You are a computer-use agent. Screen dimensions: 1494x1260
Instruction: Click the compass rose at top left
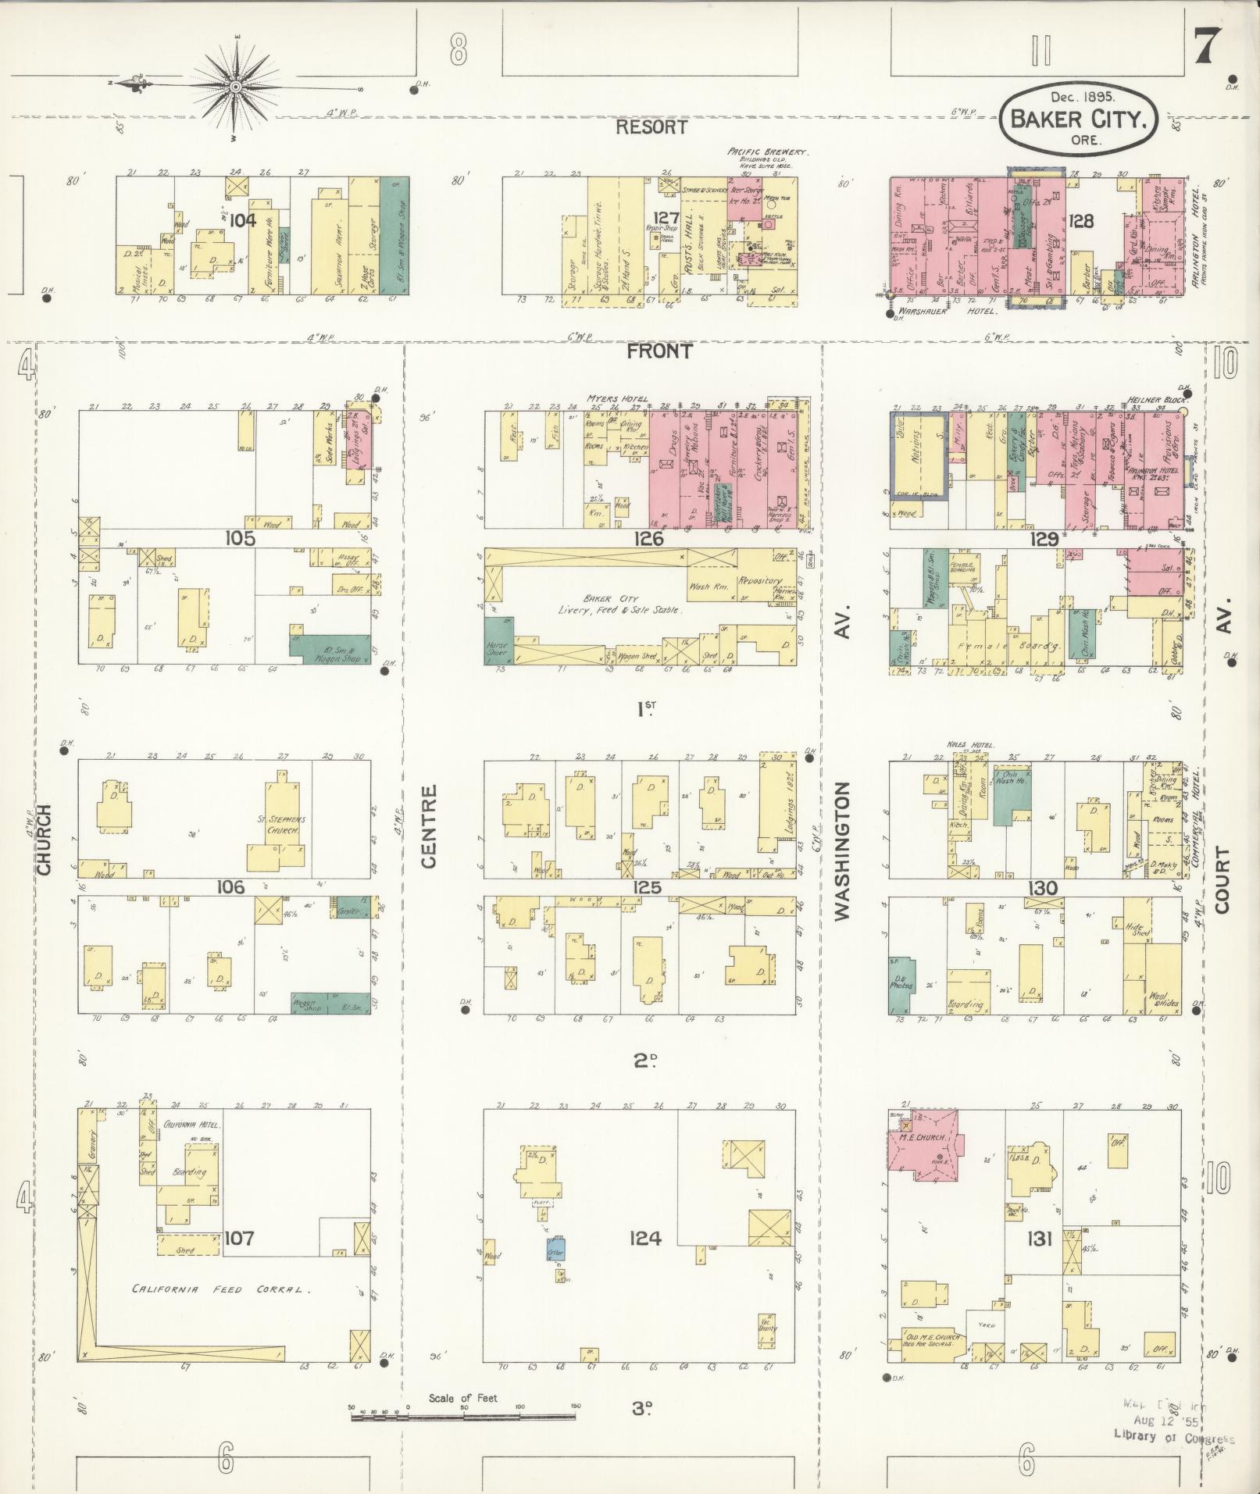click(235, 85)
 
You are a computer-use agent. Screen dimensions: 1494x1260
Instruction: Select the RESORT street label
click(651, 127)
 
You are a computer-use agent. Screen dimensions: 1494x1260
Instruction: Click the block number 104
click(242, 220)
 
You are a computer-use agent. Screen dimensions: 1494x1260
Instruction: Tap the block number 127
click(667, 218)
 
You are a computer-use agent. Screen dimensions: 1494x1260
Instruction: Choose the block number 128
click(1081, 221)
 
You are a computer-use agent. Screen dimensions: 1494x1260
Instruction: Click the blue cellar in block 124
click(555, 1250)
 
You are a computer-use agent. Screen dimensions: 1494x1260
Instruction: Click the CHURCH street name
click(43, 839)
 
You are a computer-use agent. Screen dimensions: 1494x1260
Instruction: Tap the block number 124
click(644, 1238)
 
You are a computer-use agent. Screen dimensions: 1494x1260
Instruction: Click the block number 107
click(239, 1237)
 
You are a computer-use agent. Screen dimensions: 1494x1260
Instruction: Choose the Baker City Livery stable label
click(619, 604)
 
